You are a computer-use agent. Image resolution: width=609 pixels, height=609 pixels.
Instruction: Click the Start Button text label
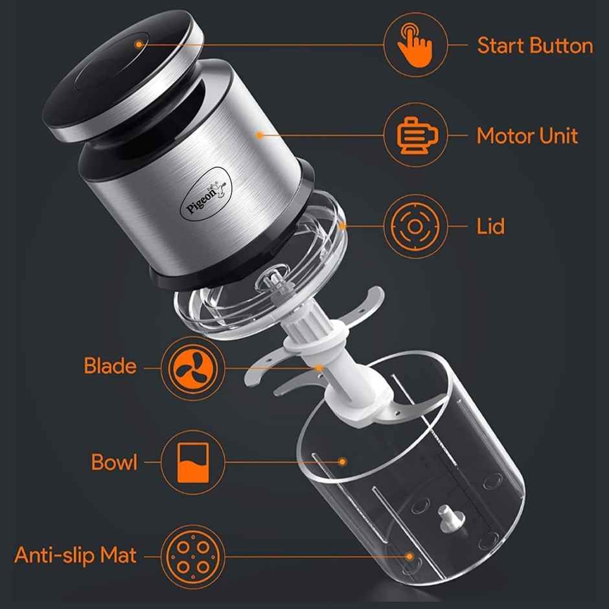534,46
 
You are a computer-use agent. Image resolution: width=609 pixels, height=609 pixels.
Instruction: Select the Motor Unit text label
527,136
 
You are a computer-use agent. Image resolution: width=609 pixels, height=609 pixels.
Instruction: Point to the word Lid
490,227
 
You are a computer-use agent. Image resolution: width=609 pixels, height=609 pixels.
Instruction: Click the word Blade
110,366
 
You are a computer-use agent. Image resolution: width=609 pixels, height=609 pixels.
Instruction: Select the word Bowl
114,463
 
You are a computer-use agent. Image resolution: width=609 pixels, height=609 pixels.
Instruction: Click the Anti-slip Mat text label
76,556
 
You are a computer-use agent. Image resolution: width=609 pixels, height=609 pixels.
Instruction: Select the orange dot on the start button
139,43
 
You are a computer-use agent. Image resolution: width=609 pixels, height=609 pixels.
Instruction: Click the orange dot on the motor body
259,135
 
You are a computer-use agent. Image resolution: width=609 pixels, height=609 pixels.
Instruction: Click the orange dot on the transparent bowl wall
343,462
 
